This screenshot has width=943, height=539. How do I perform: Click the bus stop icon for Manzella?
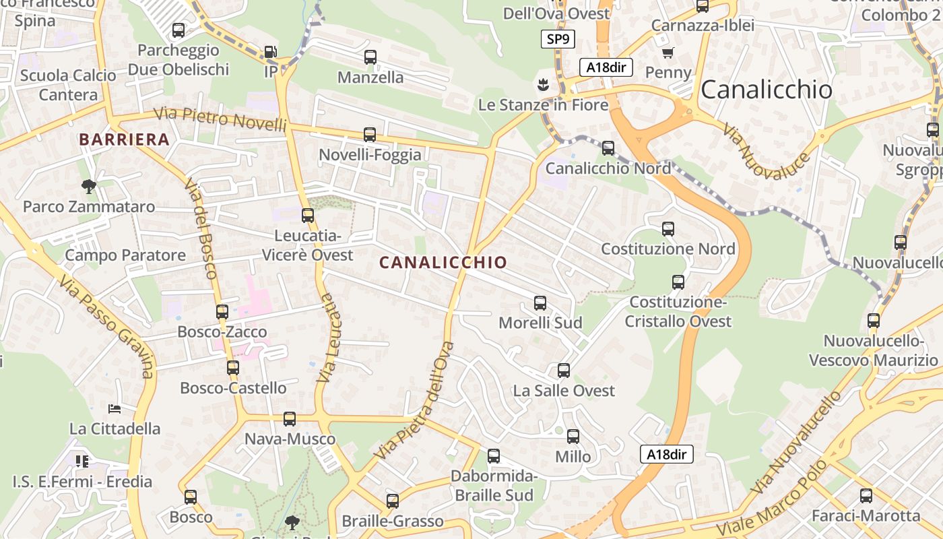[370, 57]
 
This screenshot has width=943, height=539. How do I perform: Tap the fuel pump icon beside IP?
[270, 51]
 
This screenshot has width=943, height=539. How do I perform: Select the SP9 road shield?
[558, 39]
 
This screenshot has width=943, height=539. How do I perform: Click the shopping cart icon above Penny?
[668, 53]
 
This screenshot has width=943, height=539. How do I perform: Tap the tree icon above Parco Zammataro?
[88, 186]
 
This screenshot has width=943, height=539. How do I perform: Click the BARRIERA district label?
[124, 139]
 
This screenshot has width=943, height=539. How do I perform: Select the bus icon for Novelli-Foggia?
[370, 135]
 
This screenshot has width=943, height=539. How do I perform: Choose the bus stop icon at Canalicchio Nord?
[608, 148]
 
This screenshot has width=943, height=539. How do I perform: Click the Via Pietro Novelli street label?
[221, 119]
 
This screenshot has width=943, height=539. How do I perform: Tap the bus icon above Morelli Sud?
[540, 303]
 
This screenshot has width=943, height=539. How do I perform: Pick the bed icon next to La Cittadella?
[115, 408]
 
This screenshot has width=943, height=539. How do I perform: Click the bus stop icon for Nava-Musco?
[290, 419]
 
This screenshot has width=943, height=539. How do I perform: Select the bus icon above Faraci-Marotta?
[866, 496]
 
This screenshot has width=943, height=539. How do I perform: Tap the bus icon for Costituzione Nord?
[668, 229]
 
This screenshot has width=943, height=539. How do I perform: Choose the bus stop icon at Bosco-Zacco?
[222, 312]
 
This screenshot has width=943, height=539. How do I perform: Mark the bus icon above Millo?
[573, 437]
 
